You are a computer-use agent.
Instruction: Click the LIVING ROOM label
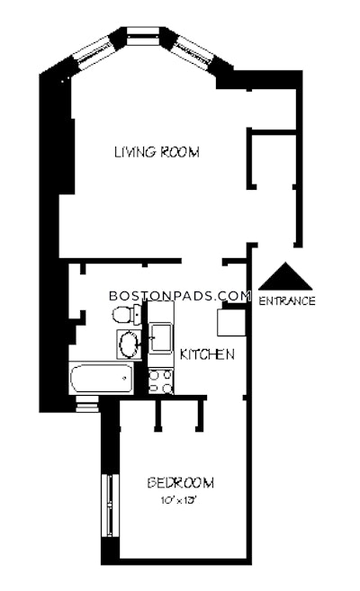tap(156, 152)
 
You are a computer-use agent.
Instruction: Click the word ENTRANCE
tap(286, 301)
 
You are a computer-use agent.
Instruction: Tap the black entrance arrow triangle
tap(285, 277)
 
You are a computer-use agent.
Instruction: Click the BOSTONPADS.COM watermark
tap(178, 295)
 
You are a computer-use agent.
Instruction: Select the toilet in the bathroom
tap(123, 314)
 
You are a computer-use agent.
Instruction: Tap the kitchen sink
tap(162, 338)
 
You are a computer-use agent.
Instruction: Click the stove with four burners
tap(161, 381)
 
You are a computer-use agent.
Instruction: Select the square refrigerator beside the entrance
tap(232, 321)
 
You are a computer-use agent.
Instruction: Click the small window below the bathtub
tap(88, 405)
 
